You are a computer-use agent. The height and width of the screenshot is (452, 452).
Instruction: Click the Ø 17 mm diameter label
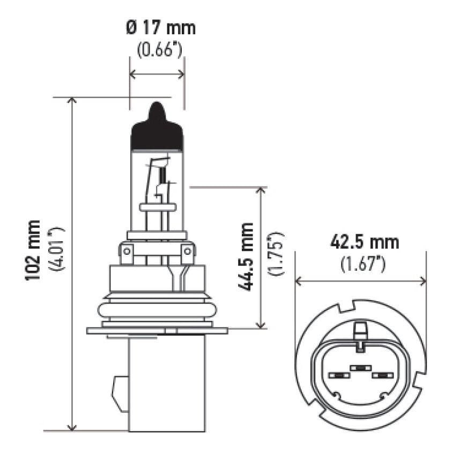161,27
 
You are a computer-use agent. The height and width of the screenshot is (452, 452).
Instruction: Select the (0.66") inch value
160,50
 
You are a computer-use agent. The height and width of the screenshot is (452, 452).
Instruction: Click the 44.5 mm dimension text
246,256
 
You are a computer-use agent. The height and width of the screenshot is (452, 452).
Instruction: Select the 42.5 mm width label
365,242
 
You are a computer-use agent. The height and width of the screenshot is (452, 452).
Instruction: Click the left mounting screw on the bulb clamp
127,250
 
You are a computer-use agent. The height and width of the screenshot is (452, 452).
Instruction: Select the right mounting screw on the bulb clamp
187,250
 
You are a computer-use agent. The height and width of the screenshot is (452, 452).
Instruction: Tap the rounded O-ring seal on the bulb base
157,310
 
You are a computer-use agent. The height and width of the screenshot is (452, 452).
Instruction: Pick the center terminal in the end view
360,368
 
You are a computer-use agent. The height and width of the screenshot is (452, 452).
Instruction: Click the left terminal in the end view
338,375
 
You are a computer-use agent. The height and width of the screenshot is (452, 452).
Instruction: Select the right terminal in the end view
383,375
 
